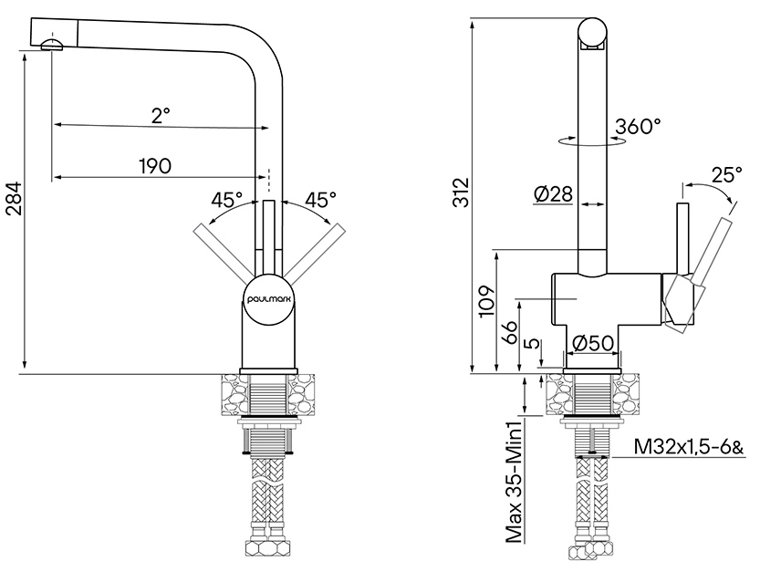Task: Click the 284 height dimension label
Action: pos(14,198)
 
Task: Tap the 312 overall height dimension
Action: pos(462,192)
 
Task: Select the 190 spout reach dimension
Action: pos(155,166)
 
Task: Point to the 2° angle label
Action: pos(161,116)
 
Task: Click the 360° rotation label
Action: pos(638,127)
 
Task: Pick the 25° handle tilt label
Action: pos(727,175)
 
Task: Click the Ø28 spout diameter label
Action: pos(553,194)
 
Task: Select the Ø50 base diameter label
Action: pos(593,344)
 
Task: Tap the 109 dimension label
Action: pos(487,302)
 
